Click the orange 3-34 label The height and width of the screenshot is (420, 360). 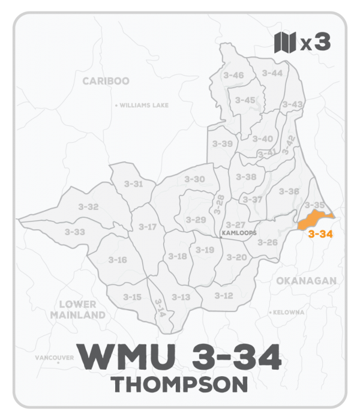pyautogui.click(x=320, y=235)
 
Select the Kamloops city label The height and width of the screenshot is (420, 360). pyautogui.click(x=239, y=233)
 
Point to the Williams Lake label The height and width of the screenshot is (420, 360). pyautogui.click(x=144, y=105)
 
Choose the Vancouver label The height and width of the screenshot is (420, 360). pyautogui.click(x=55, y=358)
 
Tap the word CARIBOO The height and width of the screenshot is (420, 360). pyautogui.click(x=106, y=81)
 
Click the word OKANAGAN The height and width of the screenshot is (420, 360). pyautogui.click(x=307, y=280)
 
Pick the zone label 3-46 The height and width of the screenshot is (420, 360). pyautogui.click(x=233, y=75)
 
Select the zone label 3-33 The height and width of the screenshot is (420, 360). pyautogui.click(x=75, y=232)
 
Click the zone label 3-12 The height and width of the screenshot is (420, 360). pyautogui.click(x=223, y=296)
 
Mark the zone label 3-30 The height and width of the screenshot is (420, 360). pyautogui.click(x=194, y=179)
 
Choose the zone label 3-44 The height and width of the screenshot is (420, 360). pyautogui.click(x=272, y=73)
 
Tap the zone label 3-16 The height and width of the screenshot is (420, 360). pyautogui.click(x=118, y=260)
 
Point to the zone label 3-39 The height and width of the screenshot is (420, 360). pyautogui.click(x=222, y=144)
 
